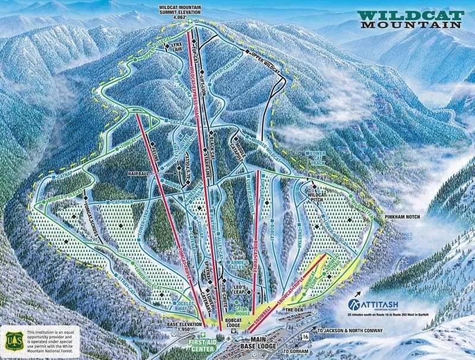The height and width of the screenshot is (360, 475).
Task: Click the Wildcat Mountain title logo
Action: click(x=410, y=19)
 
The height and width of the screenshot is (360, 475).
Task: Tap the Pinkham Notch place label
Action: click(x=402, y=217)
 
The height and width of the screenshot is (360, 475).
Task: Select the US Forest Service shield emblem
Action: click(x=12, y=340)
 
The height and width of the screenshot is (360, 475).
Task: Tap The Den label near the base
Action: click(x=294, y=310)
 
